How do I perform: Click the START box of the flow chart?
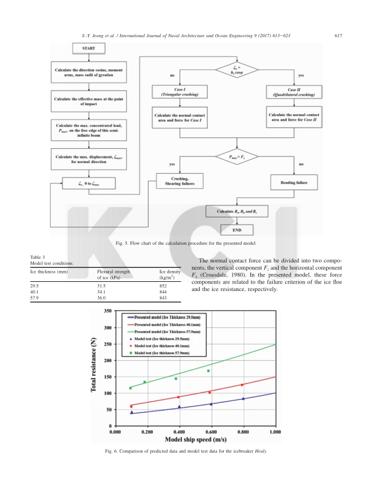coord(89,48)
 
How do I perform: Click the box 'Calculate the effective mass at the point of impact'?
coord(89,101)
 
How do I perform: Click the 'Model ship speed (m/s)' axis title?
coord(194,440)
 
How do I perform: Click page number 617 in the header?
coord(339,35)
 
